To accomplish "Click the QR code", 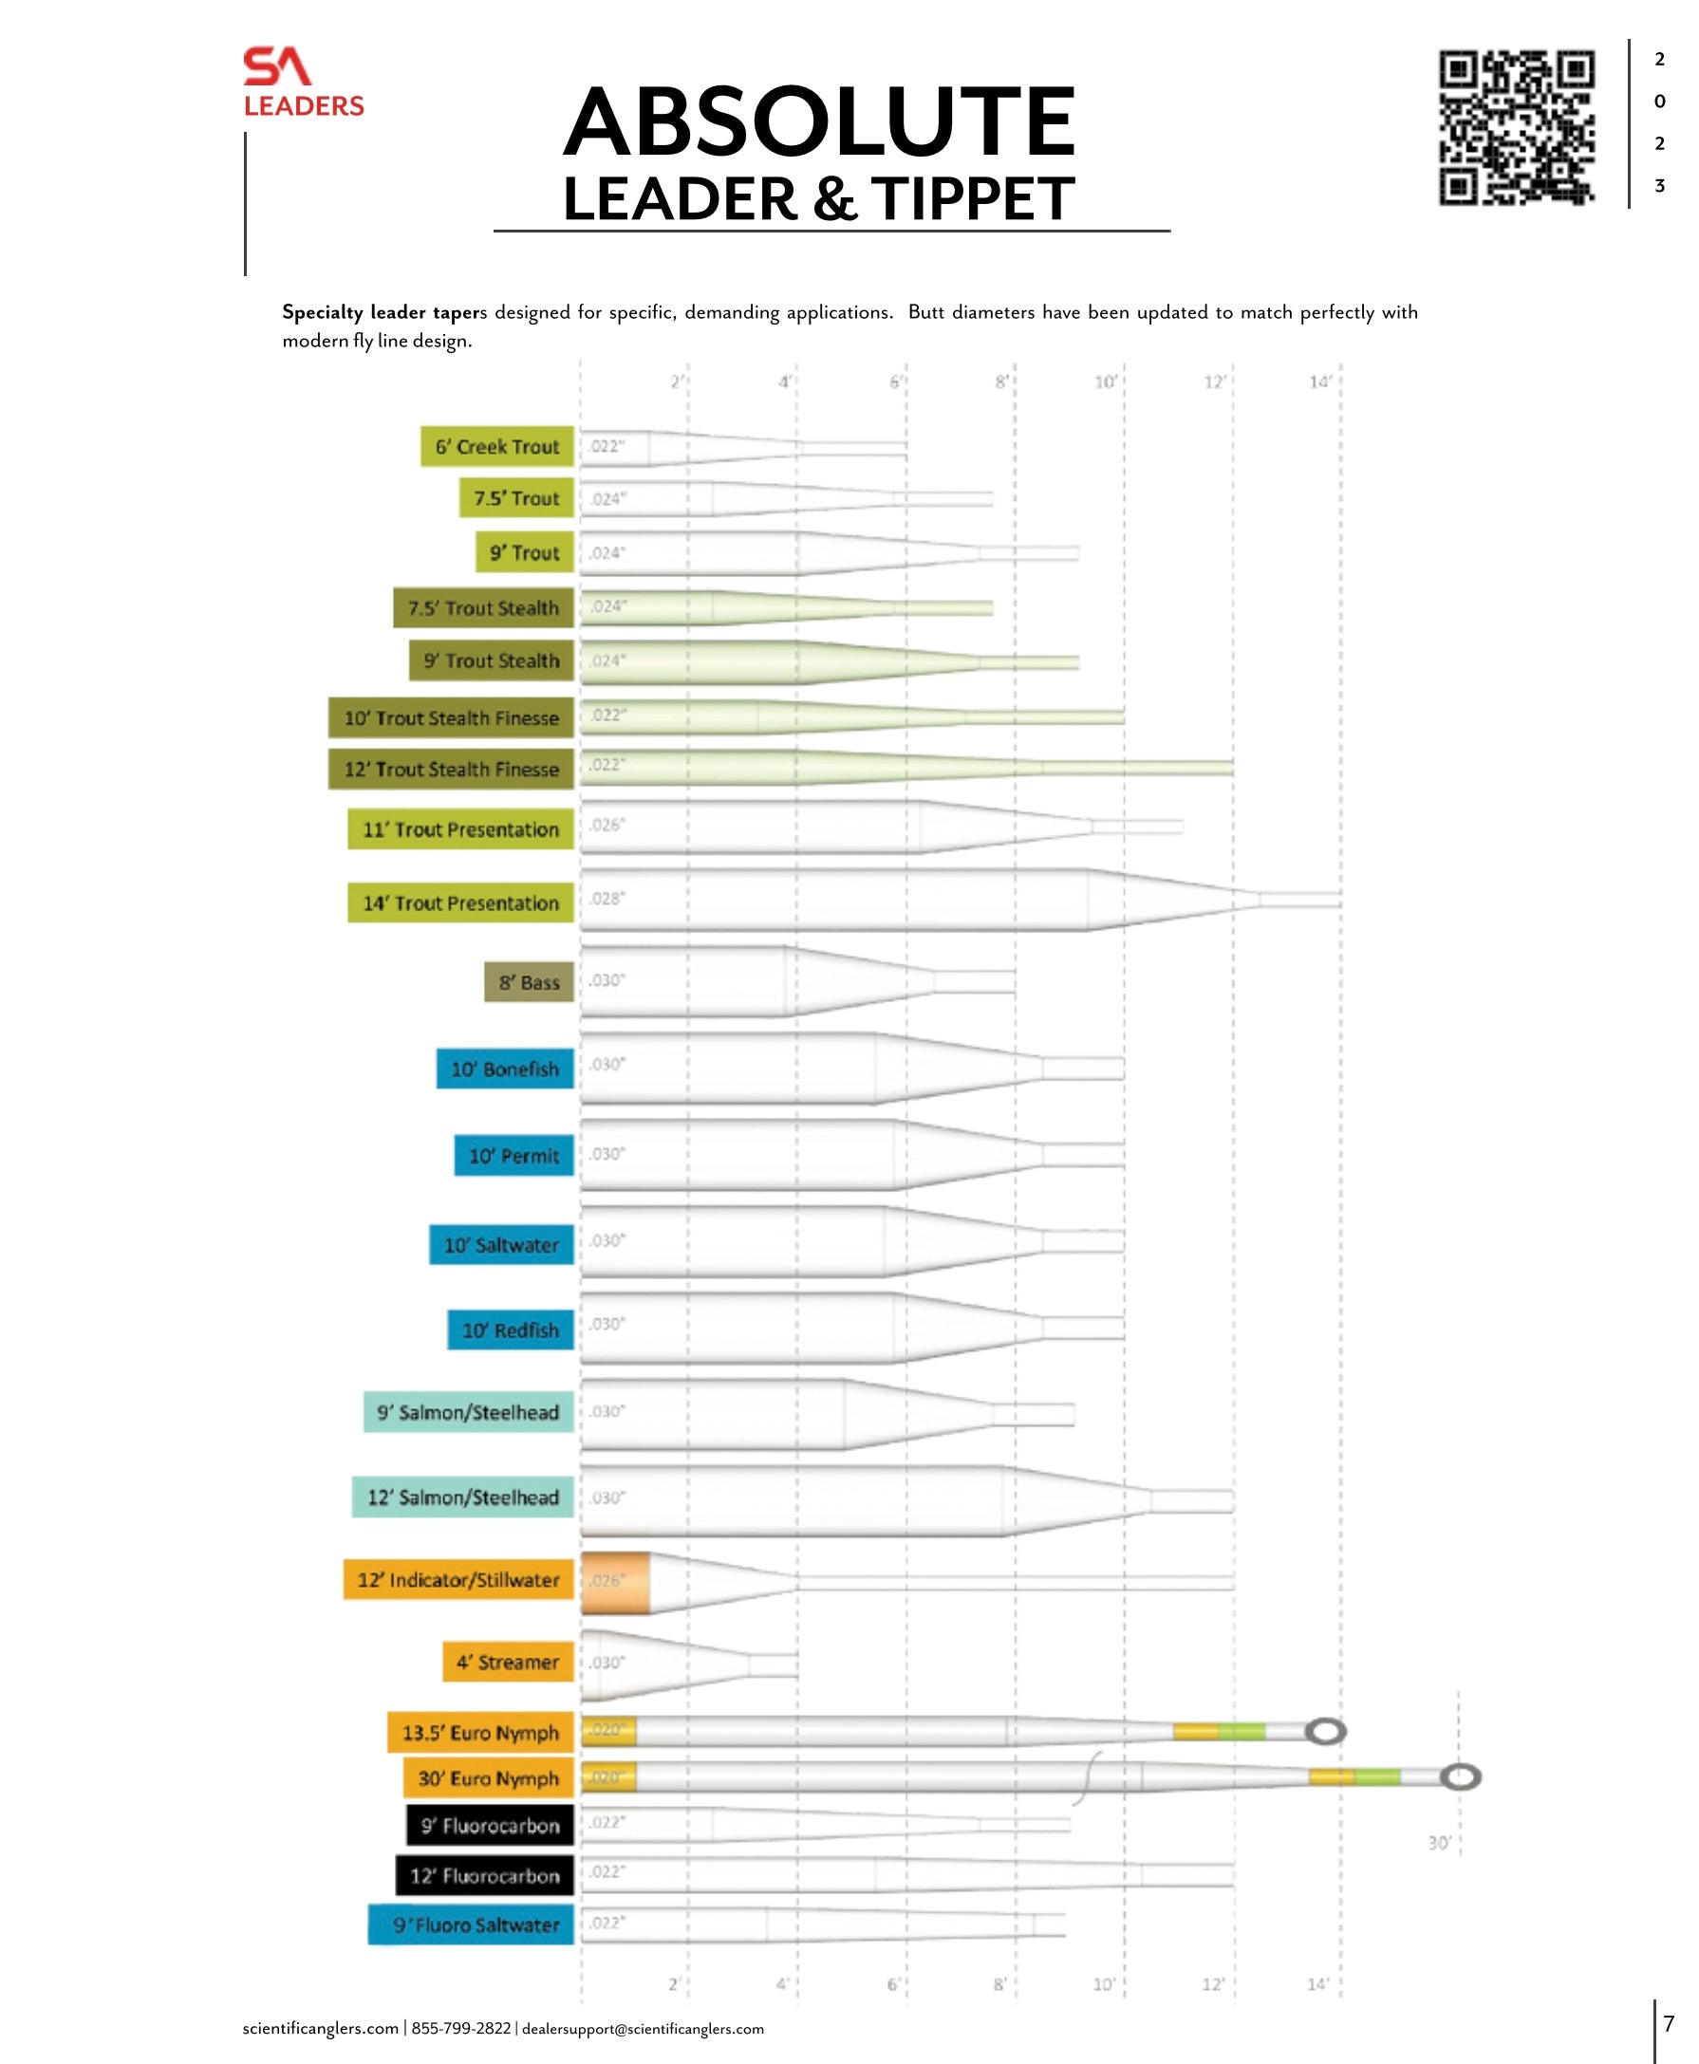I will [1516, 128].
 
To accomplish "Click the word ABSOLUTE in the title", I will [819, 122].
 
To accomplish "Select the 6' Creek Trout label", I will [497, 446].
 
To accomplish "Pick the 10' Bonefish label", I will [505, 1069].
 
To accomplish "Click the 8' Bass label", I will [529, 981].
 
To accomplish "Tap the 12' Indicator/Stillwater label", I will [458, 1580].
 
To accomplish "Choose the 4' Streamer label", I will [507, 1662].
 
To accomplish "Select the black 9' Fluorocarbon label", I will [491, 1825].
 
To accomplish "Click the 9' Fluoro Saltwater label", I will [471, 1925].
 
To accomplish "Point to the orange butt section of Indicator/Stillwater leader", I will [616, 1583].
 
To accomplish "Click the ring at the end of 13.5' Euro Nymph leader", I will [1326, 1731].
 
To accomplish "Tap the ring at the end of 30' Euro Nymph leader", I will [1460, 1777].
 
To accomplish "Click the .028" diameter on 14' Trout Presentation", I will [607, 898].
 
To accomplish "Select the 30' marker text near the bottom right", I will [1439, 1843].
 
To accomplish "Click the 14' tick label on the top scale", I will [1319, 381].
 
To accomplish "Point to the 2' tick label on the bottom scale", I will [674, 1984].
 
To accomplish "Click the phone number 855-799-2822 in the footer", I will [461, 2028].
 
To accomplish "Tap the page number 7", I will [1669, 2022].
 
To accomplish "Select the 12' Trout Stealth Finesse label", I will [451, 770].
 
